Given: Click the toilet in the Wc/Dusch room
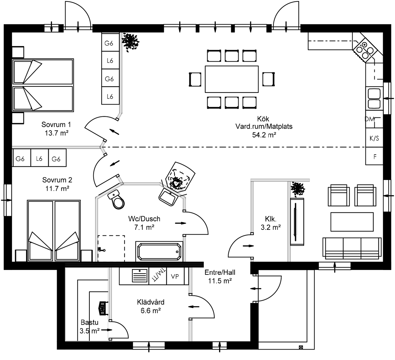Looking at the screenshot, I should click(x=117, y=200).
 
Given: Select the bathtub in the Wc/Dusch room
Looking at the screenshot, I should click(x=159, y=252).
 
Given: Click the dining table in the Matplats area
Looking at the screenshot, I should click(x=232, y=79).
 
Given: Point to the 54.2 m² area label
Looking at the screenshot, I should click(x=264, y=135).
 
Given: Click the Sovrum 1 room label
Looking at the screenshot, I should click(x=56, y=125).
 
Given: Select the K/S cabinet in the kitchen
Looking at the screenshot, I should click(x=374, y=138).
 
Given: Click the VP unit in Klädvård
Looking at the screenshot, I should click(x=175, y=276).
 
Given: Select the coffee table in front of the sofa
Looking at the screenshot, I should click(x=352, y=222).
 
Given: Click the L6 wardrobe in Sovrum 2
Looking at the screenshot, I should click(x=39, y=159).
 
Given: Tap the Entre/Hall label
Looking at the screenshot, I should click(x=220, y=272).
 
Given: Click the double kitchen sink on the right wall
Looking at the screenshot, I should click(x=374, y=99).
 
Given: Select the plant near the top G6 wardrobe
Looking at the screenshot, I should click(x=130, y=42).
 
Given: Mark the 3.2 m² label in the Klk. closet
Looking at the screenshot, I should click(x=270, y=227).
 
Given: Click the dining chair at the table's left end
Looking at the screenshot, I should click(x=195, y=79).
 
